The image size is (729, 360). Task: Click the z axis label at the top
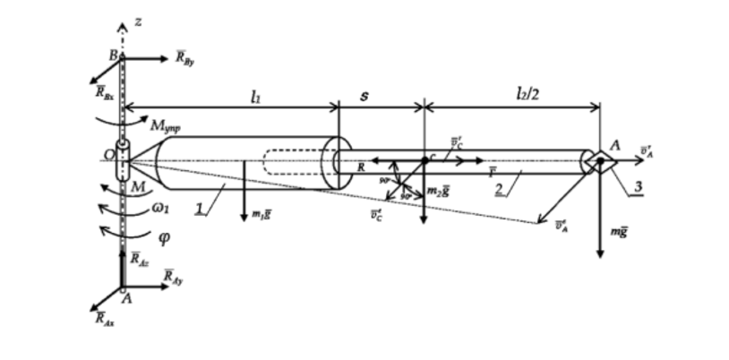tap(138, 21)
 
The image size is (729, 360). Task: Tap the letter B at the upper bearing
tap(114, 56)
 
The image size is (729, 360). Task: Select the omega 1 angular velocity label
tap(158, 213)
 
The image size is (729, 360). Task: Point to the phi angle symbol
tap(164, 238)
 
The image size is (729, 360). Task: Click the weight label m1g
tap(262, 215)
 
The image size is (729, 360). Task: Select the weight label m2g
tap(439, 192)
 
